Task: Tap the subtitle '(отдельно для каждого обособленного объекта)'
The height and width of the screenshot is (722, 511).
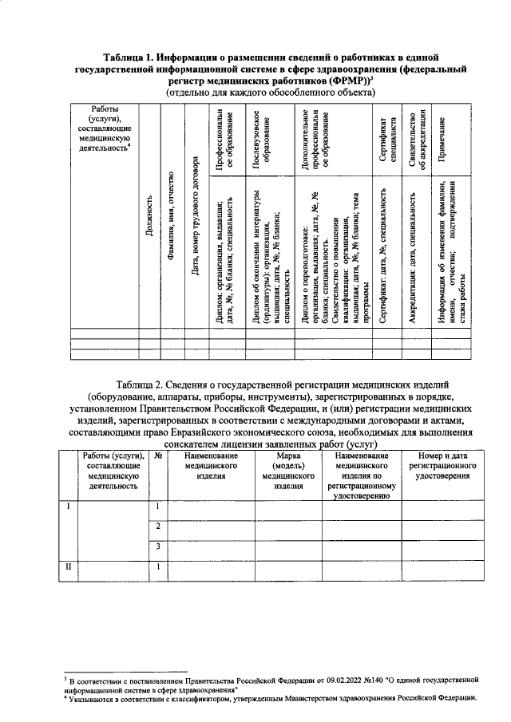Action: tap(270, 93)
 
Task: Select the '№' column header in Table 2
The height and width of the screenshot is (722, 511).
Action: tap(159, 456)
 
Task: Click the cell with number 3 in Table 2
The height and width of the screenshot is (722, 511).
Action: tap(159, 546)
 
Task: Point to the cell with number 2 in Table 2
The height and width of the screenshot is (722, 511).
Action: tap(159, 527)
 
